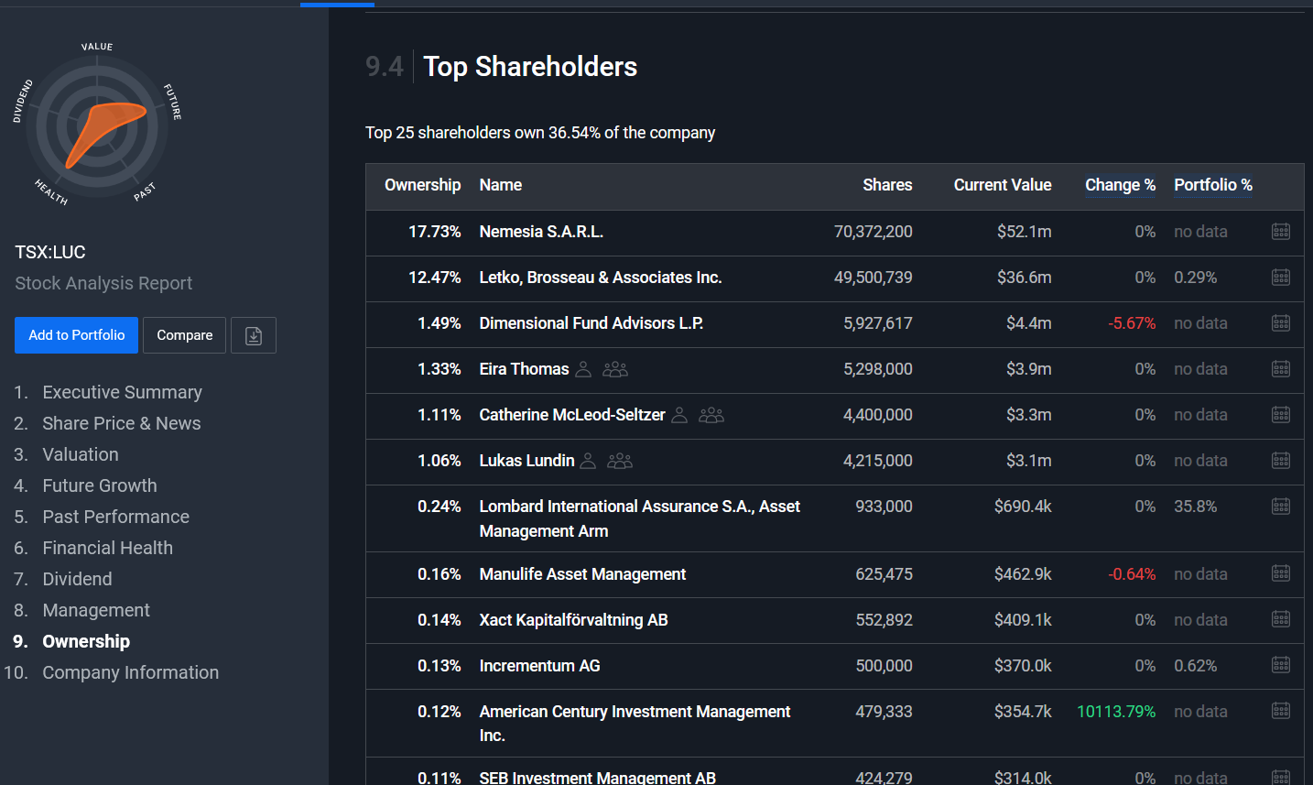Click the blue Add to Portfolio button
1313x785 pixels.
(x=76, y=335)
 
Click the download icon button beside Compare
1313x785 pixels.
(x=254, y=335)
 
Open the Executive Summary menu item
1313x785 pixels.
(x=122, y=392)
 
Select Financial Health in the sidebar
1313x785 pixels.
(x=107, y=548)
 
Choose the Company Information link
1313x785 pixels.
(x=130, y=672)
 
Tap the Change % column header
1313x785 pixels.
(x=1120, y=185)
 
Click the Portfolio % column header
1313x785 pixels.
(x=1213, y=185)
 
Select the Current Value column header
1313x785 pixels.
(x=1003, y=185)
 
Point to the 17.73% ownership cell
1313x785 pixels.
(x=434, y=232)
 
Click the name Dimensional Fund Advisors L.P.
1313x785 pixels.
(x=591, y=323)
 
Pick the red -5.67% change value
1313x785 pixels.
(x=1132, y=323)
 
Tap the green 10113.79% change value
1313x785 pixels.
(x=1116, y=712)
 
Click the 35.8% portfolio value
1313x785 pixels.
(x=1195, y=507)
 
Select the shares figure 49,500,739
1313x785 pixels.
(x=874, y=278)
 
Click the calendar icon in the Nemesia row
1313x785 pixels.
(x=1281, y=232)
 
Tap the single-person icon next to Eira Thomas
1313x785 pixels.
(x=583, y=369)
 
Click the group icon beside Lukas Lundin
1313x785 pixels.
(x=620, y=461)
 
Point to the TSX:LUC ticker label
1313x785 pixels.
(x=50, y=252)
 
